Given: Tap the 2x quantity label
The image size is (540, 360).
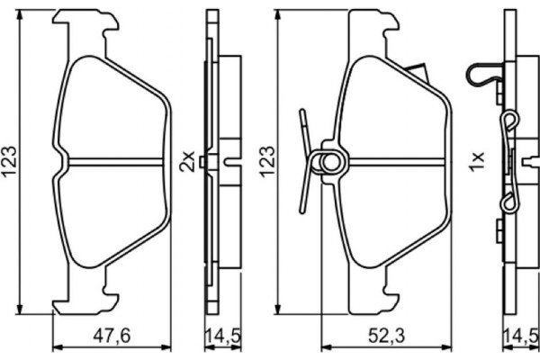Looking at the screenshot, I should [187, 162].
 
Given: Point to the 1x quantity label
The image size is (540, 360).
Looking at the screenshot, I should [476, 162].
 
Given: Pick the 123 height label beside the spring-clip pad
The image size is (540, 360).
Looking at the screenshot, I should [265, 162].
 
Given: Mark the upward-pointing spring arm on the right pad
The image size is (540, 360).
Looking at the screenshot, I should [305, 126].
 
